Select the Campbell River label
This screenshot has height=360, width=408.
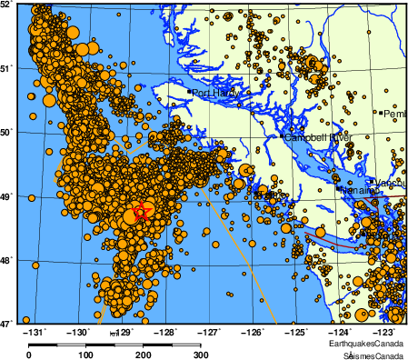[317, 137]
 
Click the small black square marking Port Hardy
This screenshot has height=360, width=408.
[189, 92]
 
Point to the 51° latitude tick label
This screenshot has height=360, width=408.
[7, 68]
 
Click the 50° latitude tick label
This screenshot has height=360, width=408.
[7, 132]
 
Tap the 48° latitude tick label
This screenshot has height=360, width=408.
[7, 259]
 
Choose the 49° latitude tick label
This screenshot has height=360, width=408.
[7, 195]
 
